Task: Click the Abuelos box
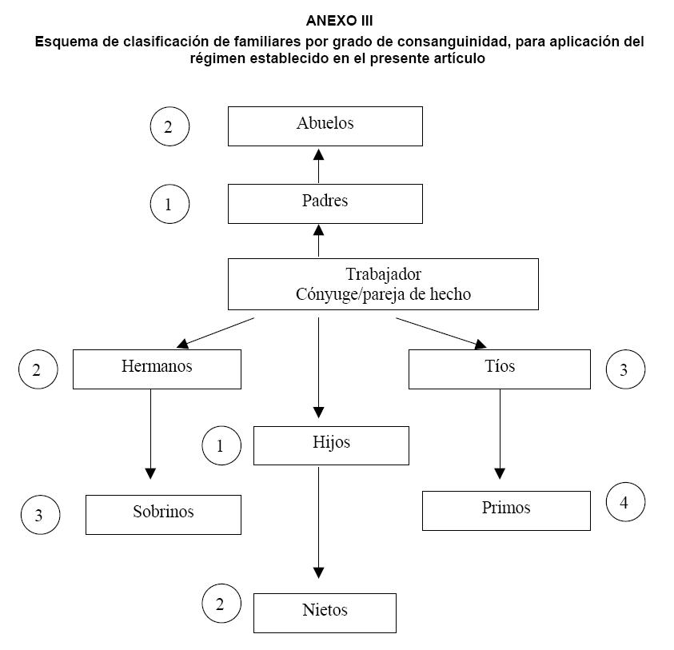(x=325, y=126)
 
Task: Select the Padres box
(x=325, y=203)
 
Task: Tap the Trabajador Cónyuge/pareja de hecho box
(x=383, y=284)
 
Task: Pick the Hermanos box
(x=157, y=369)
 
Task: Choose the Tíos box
(x=500, y=369)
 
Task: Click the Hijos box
(x=331, y=445)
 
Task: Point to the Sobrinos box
(x=163, y=514)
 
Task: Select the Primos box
(x=506, y=510)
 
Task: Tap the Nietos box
(x=325, y=612)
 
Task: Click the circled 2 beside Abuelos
(x=169, y=126)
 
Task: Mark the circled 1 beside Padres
(x=169, y=204)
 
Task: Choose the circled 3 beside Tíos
(x=625, y=369)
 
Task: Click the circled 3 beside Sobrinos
(x=41, y=516)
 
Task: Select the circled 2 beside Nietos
(x=221, y=604)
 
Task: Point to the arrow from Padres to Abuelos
(x=319, y=165)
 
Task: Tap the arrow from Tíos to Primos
(x=501, y=432)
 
